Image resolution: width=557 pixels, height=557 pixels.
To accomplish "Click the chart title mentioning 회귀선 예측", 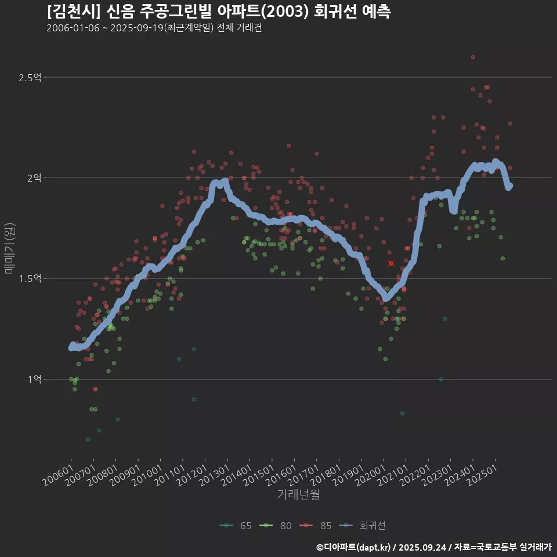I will (219, 12).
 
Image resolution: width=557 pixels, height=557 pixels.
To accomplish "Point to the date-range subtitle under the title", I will (154, 28).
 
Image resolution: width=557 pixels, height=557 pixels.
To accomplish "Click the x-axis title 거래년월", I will (298, 494).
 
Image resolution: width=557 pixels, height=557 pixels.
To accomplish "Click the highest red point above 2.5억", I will (473, 57).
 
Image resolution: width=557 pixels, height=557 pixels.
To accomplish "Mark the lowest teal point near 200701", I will (88, 439).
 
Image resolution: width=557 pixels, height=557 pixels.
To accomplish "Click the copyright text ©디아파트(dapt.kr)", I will (355, 547).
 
